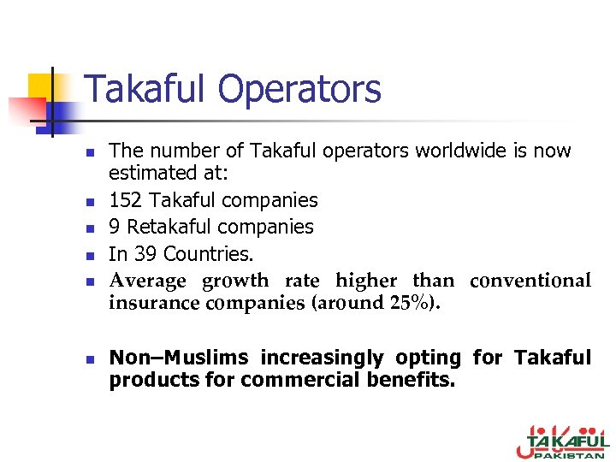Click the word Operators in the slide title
(x=299, y=89)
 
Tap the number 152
(x=125, y=201)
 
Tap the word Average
(x=147, y=281)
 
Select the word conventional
(x=530, y=281)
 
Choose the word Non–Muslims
(x=178, y=358)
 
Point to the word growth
(x=235, y=281)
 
